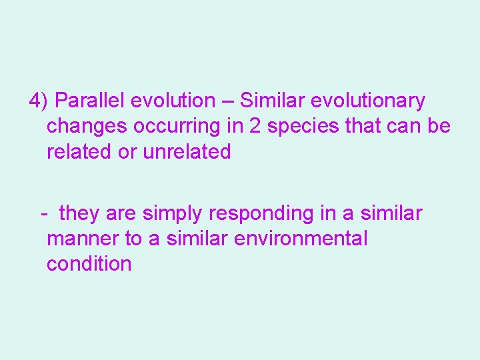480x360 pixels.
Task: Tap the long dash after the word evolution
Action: pos(227,101)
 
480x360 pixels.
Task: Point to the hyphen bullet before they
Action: pos(43,214)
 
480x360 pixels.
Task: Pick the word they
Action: pos(79,214)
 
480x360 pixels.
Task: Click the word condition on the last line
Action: pos(89,264)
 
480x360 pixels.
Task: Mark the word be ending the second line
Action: pos(439,126)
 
